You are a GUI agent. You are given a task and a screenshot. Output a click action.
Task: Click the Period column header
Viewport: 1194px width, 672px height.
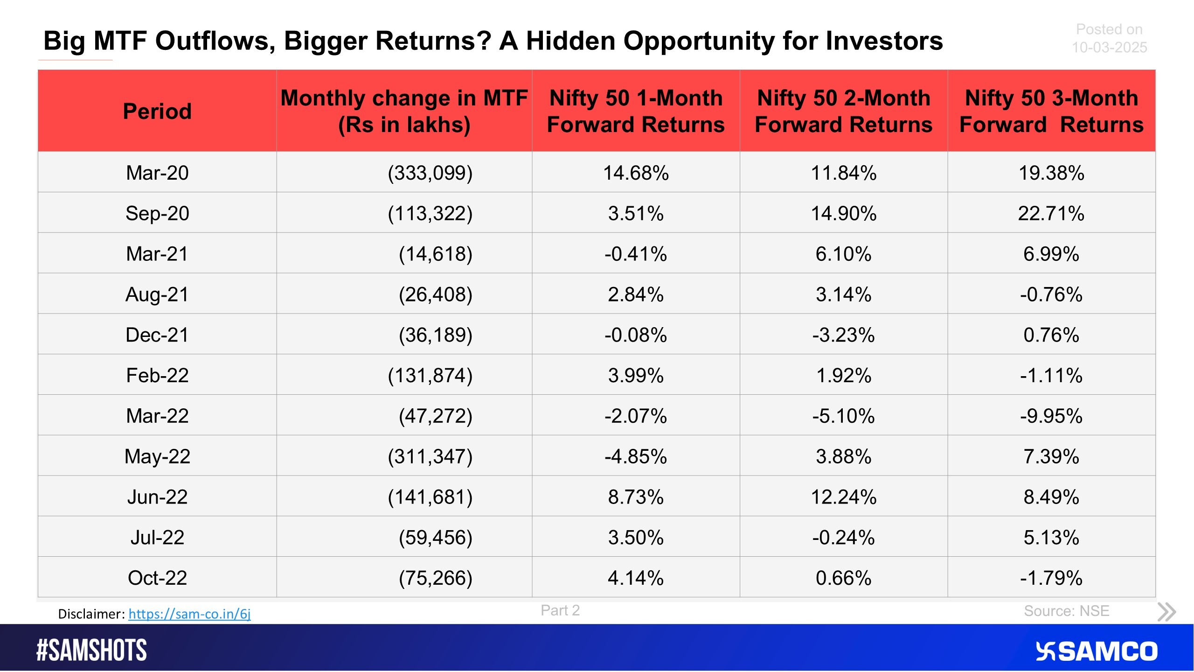(x=157, y=111)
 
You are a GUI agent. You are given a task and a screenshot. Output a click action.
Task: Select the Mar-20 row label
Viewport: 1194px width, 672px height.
(x=157, y=173)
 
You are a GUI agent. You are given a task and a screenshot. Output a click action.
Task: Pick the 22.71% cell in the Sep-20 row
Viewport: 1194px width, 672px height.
(x=1051, y=213)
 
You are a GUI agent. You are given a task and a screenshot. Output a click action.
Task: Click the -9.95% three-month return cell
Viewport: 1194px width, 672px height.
(x=1051, y=416)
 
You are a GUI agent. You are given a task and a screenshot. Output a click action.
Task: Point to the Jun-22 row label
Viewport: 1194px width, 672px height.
(x=157, y=497)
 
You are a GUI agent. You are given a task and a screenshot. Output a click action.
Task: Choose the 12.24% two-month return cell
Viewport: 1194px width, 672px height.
(x=843, y=497)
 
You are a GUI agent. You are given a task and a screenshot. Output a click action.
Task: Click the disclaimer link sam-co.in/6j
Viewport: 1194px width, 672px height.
(x=189, y=614)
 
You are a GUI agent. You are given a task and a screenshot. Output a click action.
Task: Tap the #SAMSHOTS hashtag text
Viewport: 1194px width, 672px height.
(x=91, y=650)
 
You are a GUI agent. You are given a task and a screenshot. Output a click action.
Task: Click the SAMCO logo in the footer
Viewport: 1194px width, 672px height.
(x=1096, y=651)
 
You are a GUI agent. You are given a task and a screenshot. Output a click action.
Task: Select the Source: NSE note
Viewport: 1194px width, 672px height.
(x=1066, y=611)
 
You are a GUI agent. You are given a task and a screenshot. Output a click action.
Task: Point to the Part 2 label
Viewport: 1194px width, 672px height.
(x=560, y=610)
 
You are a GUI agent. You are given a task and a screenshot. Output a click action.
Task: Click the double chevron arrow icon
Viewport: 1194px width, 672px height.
(x=1166, y=612)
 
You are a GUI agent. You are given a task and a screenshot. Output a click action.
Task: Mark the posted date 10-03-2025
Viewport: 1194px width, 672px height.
(x=1109, y=47)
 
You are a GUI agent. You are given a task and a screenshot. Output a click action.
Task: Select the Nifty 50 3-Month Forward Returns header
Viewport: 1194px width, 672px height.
(x=1051, y=111)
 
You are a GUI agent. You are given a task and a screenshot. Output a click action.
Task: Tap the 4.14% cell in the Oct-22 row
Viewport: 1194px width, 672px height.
(x=635, y=578)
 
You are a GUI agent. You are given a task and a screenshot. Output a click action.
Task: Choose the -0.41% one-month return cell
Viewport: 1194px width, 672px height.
(x=635, y=254)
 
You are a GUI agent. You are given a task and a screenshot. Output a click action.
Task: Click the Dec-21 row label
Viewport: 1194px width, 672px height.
(x=157, y=335)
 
